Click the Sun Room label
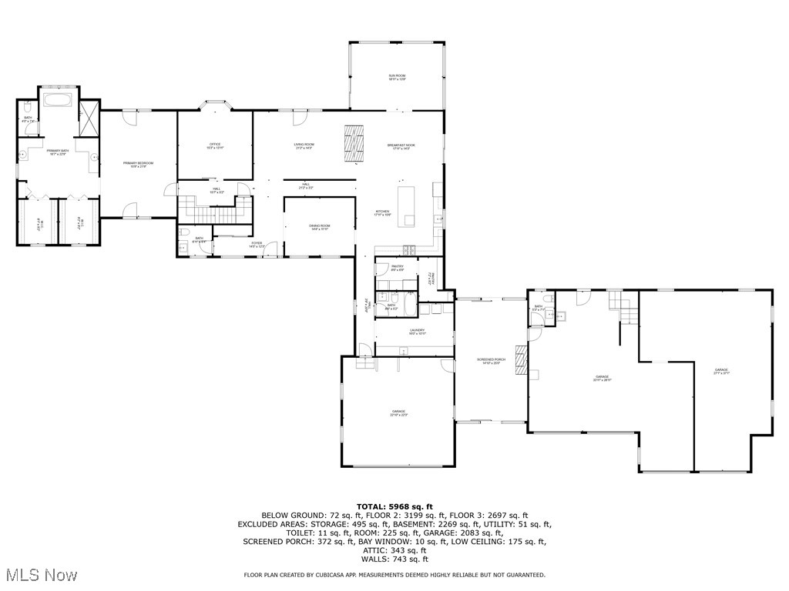(x=397, y=77)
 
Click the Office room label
(x=215, y=145)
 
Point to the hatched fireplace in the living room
(x=354, y=143)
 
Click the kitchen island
(x=406, y=205)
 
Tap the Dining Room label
(x=320, y=227)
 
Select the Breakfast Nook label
(x=401, y=146)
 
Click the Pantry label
(x=397, y=269)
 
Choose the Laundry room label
(x=417, y=332)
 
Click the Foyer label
(x=257, y=245)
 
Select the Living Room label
(x=304, y=145)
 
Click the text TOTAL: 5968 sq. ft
(x=394, y=506)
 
